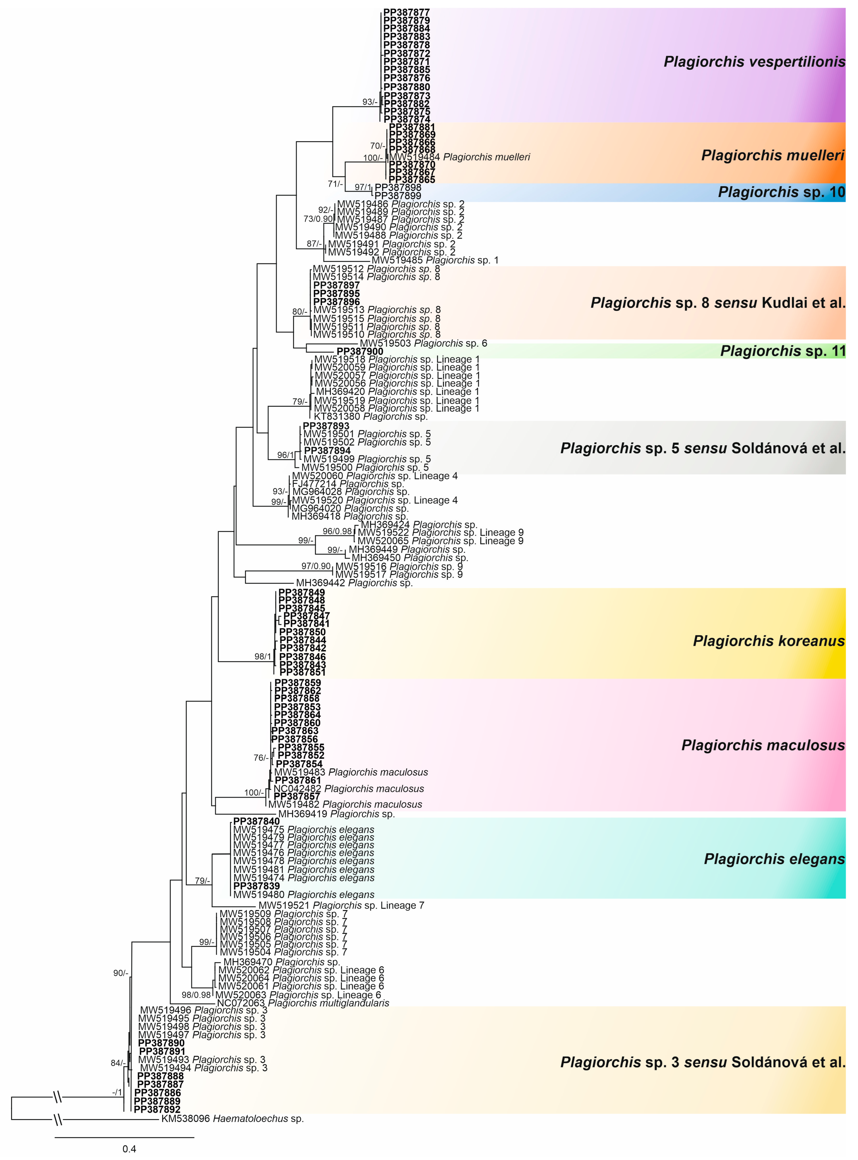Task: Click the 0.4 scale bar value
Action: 129,1149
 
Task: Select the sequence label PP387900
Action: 360,351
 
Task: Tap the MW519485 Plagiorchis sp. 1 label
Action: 435,260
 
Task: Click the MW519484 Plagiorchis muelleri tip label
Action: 460,157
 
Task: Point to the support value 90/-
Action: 121,973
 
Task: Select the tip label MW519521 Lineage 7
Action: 341,906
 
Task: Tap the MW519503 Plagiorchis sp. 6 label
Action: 423,343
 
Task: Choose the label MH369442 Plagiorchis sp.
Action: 354,583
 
